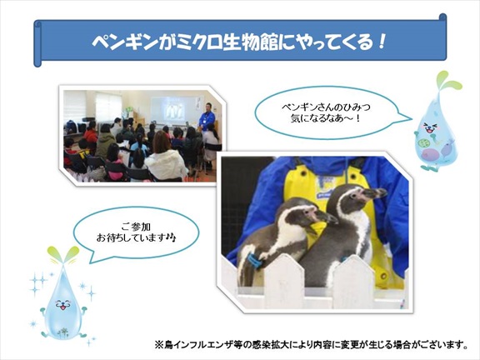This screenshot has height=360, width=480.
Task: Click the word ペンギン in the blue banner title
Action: pyautogui.click(x=125, y=42)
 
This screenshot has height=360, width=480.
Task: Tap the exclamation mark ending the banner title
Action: pyautogui.click(x=381, y=42)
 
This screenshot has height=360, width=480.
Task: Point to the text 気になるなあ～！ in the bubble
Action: pyautogui.click(x=326, y=118)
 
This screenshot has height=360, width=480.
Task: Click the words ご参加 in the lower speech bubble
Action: pyautogui.click(x=136, y=227)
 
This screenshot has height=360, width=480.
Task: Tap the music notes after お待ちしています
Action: pyautogui.click(x=171, y=237)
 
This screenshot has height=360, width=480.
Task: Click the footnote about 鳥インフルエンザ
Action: pyautogui.click(x=311, y=345)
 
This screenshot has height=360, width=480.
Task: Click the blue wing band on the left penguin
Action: pyautogui.click(x=255, y=261)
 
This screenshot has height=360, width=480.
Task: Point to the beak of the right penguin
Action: pyautogui.click(x=375, y=193)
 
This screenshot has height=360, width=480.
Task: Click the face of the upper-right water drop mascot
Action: pyautogui.click(x=429, y=127)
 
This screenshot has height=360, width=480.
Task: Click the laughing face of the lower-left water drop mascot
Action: pyautogui.click(x=62, y=305)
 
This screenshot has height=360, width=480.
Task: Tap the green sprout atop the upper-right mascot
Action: pyautogui.click(x=447, y=81)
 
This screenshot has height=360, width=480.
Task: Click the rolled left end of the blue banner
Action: pyautogui.click(x=37, y=43)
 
